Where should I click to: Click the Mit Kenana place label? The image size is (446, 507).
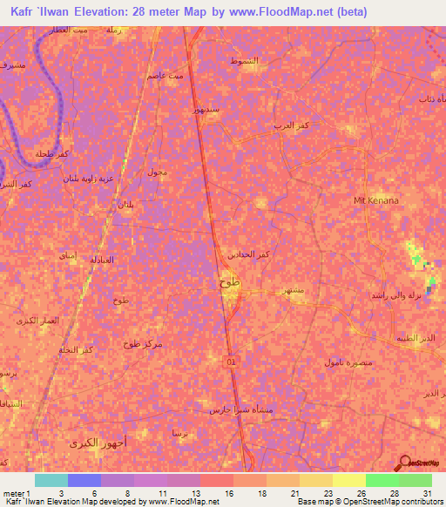click(x=375, y=200)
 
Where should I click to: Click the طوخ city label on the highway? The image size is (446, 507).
click(x=230, y=283)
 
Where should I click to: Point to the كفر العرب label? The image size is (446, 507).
click(x=292, y=126)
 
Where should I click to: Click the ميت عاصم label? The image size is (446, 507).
click(x=166, y=76)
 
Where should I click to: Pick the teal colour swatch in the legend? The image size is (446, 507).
click(x=51, y=480)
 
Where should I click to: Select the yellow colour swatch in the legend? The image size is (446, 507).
click(x=349, y=480)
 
